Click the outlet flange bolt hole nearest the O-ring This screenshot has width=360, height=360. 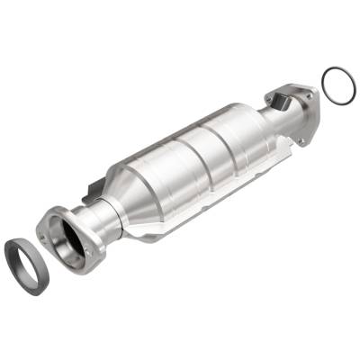point(310,93)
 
